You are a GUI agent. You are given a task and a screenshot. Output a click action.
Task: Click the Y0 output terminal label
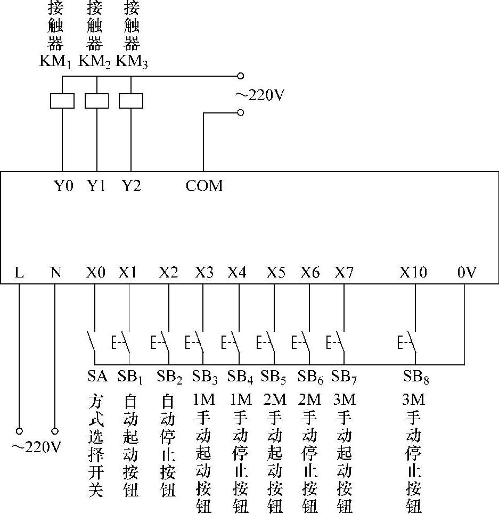coord(63,186)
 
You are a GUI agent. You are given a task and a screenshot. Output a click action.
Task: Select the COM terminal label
coord(204,186)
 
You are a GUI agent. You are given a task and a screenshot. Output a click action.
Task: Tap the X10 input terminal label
coord(413,273)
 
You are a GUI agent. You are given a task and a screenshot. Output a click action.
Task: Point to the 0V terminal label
coord(467,273)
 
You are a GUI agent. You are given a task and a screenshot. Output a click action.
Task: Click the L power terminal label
coord(19,273)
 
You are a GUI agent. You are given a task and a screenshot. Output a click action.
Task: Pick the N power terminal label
coord(55,273)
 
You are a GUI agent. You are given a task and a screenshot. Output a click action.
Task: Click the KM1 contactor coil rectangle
coord(62,101)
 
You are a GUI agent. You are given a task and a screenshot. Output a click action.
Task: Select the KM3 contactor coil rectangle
coord(131,101)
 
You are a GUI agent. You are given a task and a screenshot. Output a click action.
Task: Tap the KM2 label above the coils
coord(95,62)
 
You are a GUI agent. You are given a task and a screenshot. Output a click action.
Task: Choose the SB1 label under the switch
coord(130,377)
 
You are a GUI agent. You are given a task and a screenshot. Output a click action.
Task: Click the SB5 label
coord(274,377)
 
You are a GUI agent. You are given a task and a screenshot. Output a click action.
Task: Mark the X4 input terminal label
coord(237,273)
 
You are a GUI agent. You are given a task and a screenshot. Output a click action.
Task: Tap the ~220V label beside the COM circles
coord(260,95)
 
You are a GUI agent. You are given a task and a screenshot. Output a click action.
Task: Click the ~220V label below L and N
coord(36,446)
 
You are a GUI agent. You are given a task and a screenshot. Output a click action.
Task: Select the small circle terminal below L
coord(19,430)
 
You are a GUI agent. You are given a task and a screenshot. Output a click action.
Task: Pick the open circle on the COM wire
coord(240,112)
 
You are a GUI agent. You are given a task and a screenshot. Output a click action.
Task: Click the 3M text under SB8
coord(413,399)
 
